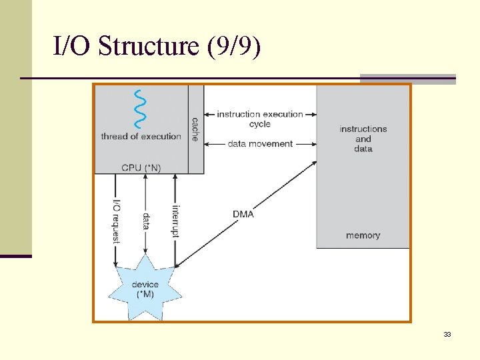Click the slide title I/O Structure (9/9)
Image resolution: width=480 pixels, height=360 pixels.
coord(157,47)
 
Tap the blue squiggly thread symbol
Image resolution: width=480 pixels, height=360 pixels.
coord(141,109)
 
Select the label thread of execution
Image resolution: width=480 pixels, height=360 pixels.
coord(141,137)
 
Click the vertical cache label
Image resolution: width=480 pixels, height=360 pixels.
coord(195,129)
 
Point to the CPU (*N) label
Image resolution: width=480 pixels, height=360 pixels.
coord(141,167)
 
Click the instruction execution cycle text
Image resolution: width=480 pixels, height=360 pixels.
coord(260,119)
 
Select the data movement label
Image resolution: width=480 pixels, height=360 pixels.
coord(260,143)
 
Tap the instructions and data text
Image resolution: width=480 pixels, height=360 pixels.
coord(363,139)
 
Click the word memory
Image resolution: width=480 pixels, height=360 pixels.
coord(363,235)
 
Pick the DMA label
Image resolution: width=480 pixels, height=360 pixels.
coord(243,214)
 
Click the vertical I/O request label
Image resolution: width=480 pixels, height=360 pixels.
coord(116,221)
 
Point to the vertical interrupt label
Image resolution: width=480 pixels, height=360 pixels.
coord(175,221)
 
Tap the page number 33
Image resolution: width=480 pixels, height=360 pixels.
coord(447,334)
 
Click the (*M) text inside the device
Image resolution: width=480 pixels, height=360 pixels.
coord(145,294)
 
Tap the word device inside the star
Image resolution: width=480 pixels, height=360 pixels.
coord(145,285)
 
